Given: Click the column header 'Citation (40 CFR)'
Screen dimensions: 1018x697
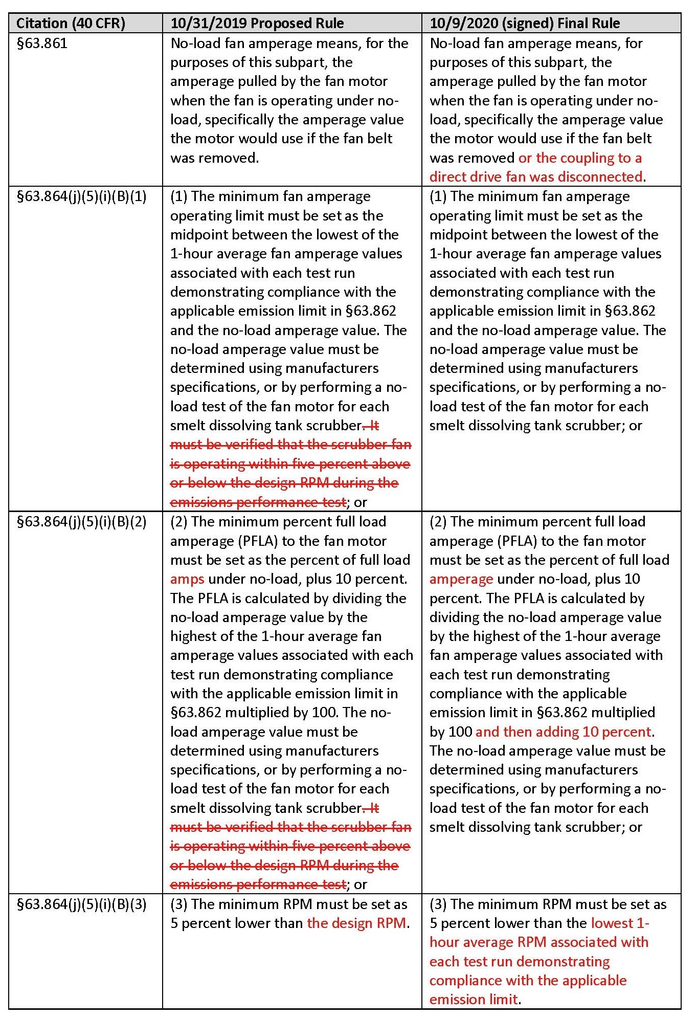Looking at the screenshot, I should point(71,24).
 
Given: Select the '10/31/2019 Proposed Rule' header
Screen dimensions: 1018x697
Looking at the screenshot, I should point(257,24).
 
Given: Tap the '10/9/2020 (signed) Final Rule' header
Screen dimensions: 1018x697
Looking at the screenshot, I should point(525,24).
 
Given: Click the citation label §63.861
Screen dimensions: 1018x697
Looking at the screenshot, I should point(42,43).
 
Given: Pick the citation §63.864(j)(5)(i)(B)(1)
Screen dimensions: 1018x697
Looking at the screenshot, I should point(82,196).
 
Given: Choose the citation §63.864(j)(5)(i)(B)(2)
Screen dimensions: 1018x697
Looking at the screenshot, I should point(82,522).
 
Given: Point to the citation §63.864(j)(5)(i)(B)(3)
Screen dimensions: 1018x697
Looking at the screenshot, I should point(82,904).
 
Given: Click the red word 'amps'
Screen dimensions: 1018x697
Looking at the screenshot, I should point(187,579).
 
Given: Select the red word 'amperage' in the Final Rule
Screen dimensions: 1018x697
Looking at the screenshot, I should point(461,579).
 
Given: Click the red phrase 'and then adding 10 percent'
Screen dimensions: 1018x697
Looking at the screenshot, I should point(563,732).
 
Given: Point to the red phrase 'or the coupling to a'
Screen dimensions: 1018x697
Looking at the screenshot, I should point(580,158).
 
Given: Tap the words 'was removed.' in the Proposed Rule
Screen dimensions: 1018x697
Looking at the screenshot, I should point(214,158).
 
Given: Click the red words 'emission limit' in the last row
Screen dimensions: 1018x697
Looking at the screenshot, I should point(474,1000).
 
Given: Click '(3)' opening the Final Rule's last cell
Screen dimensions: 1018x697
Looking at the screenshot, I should point(438,904).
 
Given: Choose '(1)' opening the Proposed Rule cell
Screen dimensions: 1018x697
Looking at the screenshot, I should point(179,196).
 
